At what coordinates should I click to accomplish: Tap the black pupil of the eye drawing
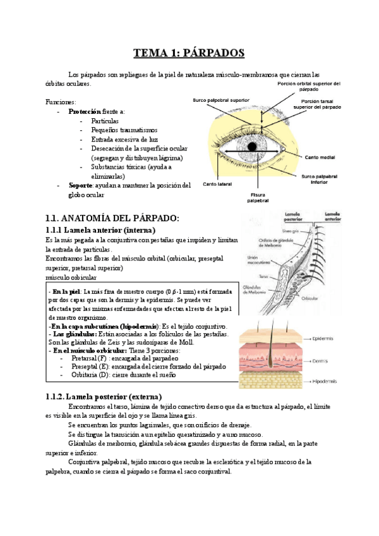point(252,147)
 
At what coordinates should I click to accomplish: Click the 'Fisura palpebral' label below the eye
point(258,197)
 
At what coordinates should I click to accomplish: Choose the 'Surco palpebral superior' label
point(220,99)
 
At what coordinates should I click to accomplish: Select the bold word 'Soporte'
point(80,185)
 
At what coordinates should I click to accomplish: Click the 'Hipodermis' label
point(326,382)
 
